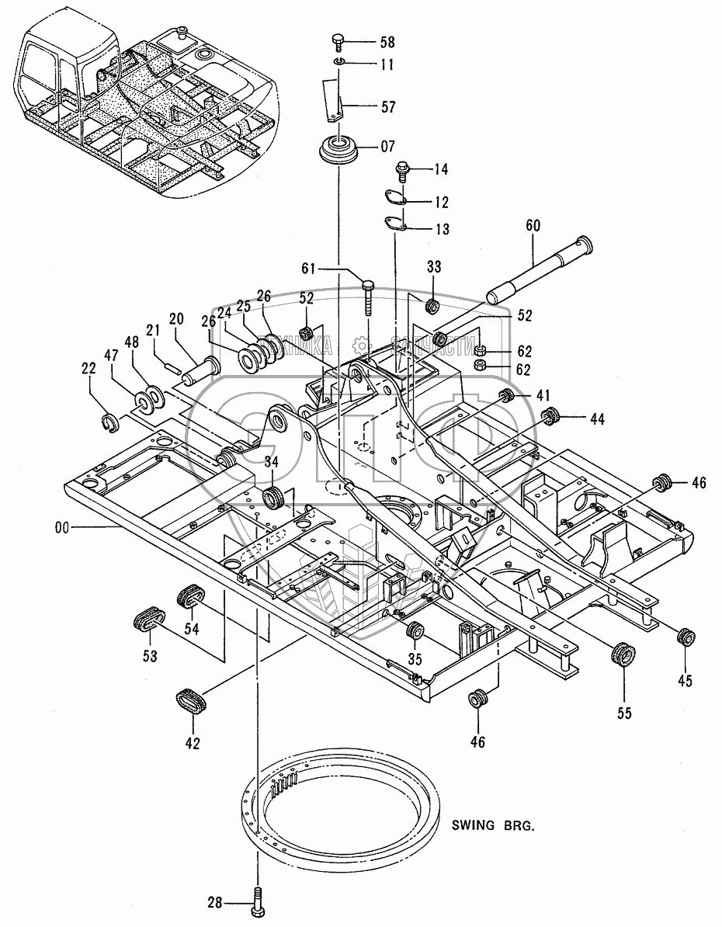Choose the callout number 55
625,712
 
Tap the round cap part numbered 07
340,148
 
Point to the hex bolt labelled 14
404,168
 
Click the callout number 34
271,463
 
